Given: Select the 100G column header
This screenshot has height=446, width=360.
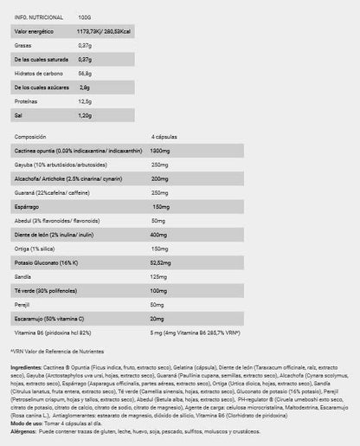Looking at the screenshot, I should point(85,16).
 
